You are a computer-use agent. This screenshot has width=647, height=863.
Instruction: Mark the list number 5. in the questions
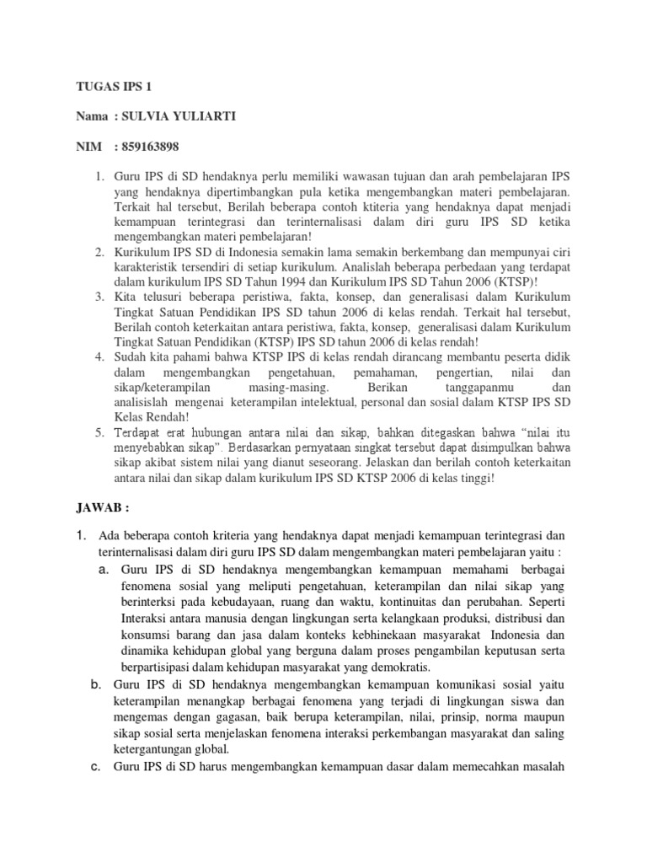[x=99, y=432]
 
